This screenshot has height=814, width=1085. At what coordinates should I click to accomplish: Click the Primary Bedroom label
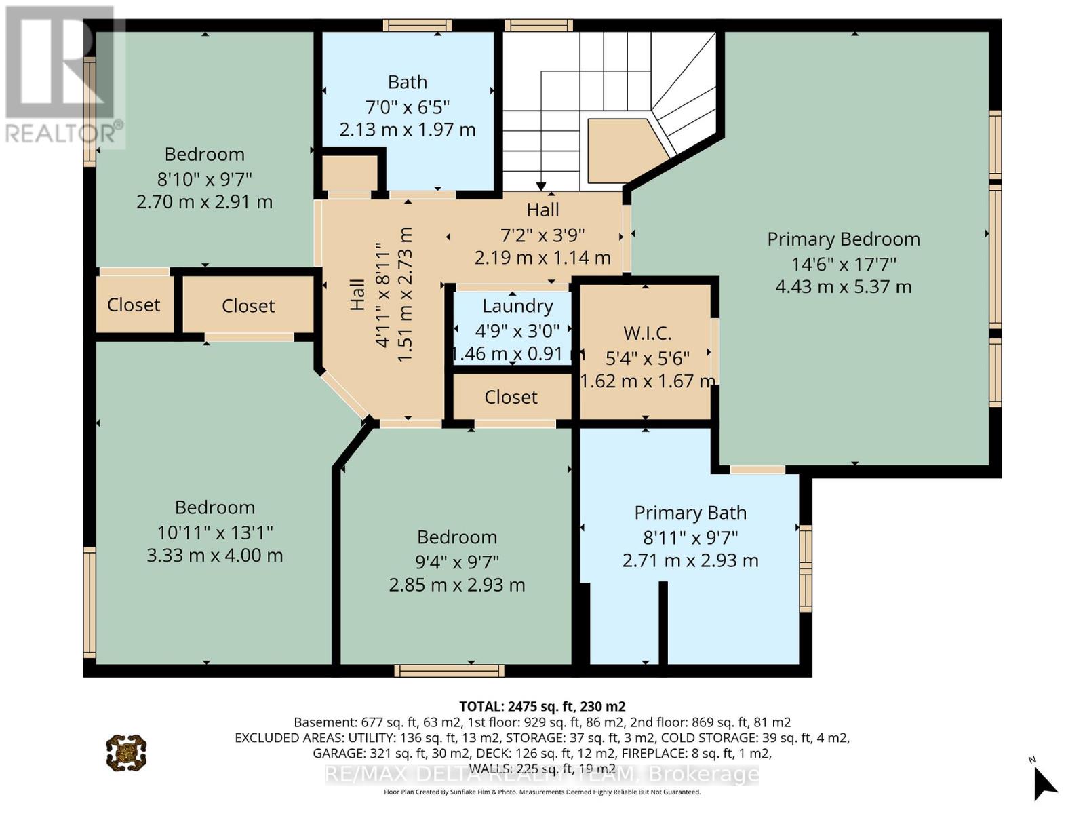[x=844, y=239]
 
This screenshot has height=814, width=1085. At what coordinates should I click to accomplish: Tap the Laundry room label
[x=517, y=306]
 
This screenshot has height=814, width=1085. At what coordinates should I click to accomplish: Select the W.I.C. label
[x=647, y=333]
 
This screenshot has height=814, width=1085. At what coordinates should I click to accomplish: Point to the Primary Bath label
[x=690, y=513]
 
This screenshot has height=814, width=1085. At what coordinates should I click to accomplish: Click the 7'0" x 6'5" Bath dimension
[x=408, y=106]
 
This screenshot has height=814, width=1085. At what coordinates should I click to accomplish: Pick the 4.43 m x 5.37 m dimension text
[x=844, y=287]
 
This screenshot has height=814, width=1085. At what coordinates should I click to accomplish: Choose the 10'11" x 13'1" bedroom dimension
[x=215, y=532]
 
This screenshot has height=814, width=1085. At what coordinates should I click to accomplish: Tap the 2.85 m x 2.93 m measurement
[x=457, y=585]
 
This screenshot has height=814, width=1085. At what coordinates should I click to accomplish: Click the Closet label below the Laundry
[x=511, y=397]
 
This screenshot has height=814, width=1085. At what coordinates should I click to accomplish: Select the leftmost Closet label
[x=134, y=305]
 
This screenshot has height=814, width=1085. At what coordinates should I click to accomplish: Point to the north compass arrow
[x=1045, y=783]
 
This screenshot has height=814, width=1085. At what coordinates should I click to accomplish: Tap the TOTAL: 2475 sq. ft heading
[x=542, y=706]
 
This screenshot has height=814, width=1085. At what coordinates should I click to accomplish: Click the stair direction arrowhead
[x=541, y=187]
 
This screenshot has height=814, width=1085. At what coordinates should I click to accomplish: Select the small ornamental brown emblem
[x=127, y=753]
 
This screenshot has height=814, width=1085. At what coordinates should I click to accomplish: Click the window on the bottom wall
[x=450, y=671]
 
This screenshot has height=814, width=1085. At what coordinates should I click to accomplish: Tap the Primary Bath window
[x=806, y=569]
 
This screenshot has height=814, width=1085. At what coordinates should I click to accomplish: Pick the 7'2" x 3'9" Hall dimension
[x=542, y=235]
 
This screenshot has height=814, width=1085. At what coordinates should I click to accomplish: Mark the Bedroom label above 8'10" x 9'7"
[x=205, y=154]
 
